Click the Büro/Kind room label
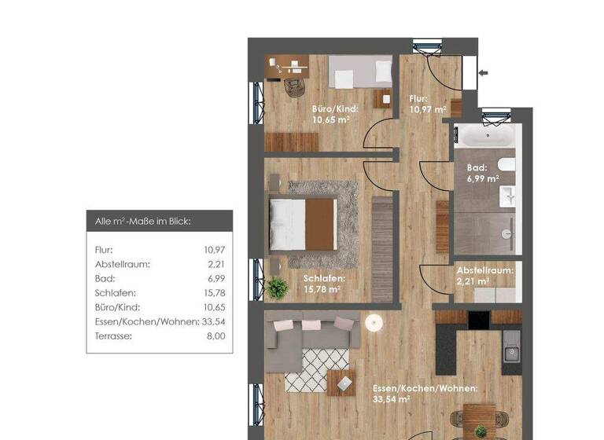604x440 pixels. (335, 115)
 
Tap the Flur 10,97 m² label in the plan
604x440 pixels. (428, 104)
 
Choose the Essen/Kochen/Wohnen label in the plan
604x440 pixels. (425, 393)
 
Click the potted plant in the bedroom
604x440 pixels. (278, 288)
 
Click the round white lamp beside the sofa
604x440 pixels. (374, 322)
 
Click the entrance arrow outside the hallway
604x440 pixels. (484, 74)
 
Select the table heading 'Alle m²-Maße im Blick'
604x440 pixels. (138, 222)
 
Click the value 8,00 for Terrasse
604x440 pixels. (215, 335)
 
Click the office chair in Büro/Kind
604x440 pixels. (293, 84)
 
